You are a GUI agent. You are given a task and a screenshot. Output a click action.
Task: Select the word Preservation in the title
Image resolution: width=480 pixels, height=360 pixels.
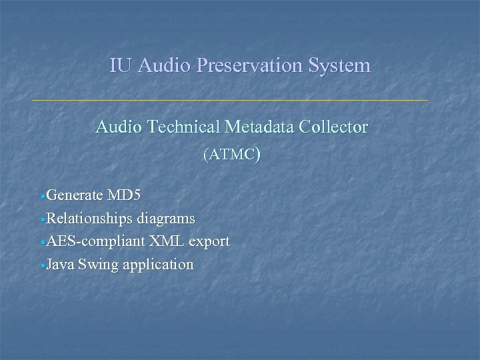point(241,66)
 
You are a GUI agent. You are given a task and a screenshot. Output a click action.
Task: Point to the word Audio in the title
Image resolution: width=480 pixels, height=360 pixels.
point(157,66)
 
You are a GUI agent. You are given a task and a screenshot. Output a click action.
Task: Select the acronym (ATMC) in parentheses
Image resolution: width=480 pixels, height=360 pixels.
point(231,155)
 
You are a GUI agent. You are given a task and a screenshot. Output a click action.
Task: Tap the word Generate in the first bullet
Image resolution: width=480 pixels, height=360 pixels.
point(75,195)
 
